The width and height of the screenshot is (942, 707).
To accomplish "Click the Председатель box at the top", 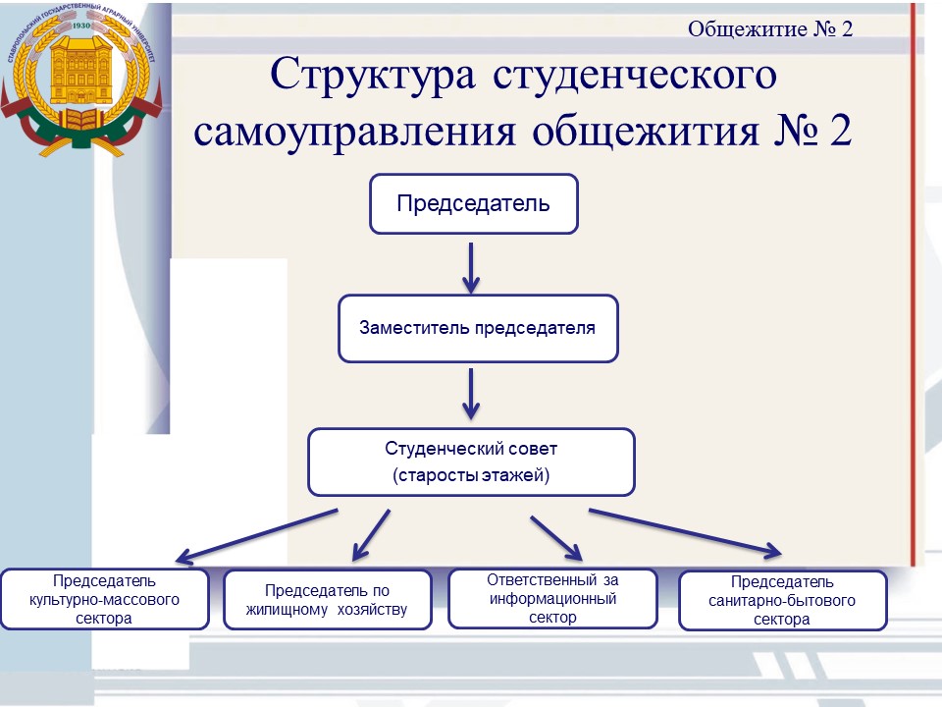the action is pos(473,204).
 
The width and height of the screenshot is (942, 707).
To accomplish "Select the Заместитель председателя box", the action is pos(478,328).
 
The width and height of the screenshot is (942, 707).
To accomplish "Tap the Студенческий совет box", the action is pos(472,462).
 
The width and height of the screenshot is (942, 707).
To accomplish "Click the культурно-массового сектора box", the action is pos(105,599).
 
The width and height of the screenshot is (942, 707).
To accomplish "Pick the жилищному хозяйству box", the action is pos(328,599).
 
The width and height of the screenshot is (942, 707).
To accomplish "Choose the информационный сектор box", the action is pos(552,599).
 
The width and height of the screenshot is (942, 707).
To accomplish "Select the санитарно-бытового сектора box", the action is pos(783,601).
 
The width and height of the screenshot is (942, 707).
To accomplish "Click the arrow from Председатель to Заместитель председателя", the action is pos(471,268).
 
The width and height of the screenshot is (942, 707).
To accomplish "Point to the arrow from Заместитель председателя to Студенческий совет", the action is pos(471,395).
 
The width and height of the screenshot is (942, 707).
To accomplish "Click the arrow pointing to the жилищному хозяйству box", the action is pos(371,535).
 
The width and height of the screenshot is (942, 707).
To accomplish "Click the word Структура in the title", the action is pos(373,76).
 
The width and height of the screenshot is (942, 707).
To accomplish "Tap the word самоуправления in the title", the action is pos(354,131).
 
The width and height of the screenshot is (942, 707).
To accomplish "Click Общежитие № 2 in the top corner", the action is pos(770,28).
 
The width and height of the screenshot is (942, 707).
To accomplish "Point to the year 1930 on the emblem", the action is pos(81,26).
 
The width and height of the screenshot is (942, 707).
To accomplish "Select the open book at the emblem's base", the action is pos(80,120).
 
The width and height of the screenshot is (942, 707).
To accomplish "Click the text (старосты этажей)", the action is pos(471,475).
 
